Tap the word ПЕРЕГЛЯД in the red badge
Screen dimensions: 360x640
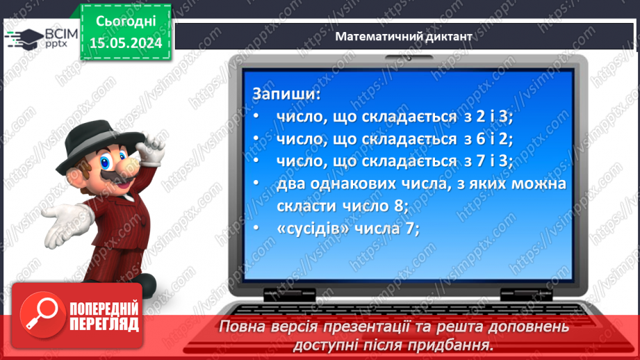coord(104,324)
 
